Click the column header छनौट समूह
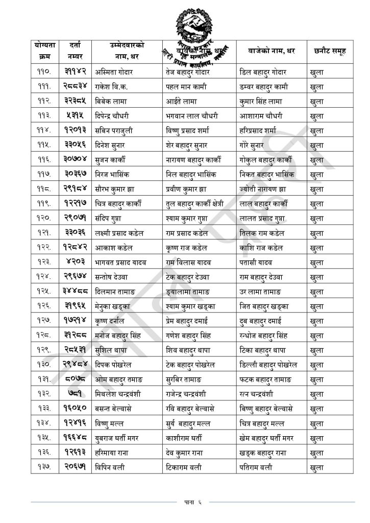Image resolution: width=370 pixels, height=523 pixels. [x=330, y=51]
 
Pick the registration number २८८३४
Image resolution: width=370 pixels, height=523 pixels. [x=76, y=87]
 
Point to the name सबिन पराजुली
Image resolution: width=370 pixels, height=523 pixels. [x=115, y=131]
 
